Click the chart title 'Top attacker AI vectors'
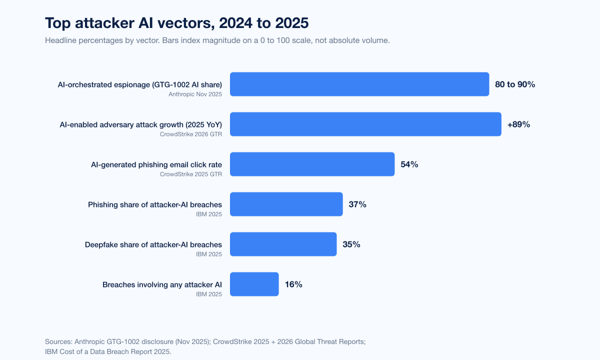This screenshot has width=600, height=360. click(176, 23)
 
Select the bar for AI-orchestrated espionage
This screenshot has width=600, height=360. click(359, 84)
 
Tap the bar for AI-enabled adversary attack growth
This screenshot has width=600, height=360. click(365, 124)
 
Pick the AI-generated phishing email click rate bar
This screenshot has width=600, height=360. click(312, 164)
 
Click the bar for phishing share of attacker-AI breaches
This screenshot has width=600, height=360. click(286, 204)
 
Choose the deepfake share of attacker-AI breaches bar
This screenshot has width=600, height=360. click(283, 244)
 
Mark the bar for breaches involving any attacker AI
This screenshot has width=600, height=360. click(254, 284)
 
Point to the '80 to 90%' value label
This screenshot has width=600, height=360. click(515, 84)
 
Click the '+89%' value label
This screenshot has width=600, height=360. click(518, 124)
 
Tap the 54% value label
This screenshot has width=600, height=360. click(409, 164)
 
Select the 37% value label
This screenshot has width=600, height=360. click(357, 204)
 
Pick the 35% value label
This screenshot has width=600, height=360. click(351, 244)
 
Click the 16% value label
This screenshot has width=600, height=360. click(293, 284)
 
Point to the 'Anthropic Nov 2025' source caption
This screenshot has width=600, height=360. click(195, 94)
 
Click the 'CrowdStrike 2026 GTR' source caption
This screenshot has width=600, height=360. click(191, 134)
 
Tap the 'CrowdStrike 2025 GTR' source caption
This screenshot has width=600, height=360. click(191, 174)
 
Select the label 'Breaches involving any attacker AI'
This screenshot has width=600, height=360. click(162, 284)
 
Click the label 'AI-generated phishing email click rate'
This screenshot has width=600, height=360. click(156, 164)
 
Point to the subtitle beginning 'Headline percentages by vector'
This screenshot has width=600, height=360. click(217, 40)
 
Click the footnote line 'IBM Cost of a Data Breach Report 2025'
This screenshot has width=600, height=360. click(108, 351)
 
